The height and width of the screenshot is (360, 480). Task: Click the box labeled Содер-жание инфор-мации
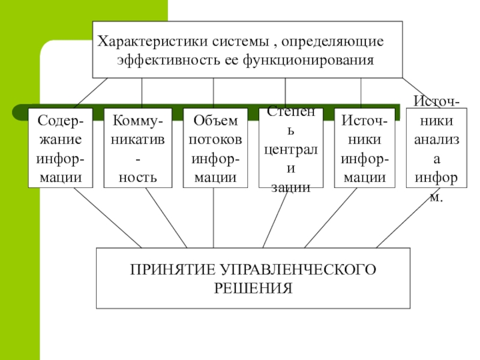tap(60, 148)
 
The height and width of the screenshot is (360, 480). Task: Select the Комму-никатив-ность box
tap(137, 148)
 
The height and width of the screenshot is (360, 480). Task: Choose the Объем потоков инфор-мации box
tap(215, 148)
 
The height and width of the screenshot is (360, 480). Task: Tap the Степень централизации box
tap(290, 148)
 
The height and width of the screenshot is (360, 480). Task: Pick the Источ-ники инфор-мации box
tap(364, 148)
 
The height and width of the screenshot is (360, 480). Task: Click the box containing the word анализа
tap(436, 148)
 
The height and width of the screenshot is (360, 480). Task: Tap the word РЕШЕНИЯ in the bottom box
tap(253, 288)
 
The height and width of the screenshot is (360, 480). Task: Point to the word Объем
tap(215, 121)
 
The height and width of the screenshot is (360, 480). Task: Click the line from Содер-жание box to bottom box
tap(108, 218)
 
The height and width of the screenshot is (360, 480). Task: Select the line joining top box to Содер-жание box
tap(90, 93)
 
